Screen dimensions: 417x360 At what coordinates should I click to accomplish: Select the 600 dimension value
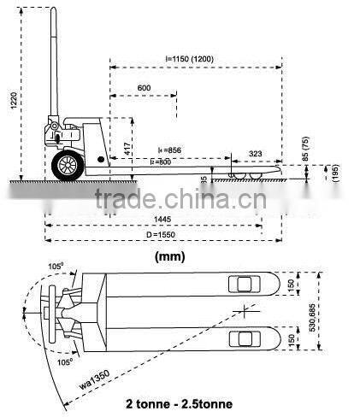pos(144,87)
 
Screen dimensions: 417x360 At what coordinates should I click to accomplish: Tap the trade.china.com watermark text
pos(179,202)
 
